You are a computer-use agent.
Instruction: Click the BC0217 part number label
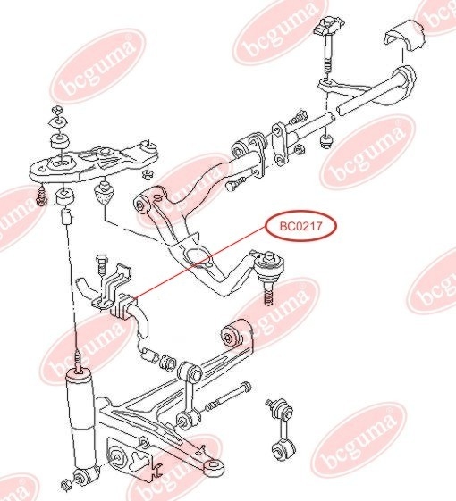(300, 226)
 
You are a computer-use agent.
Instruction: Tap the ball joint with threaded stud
(269, 274)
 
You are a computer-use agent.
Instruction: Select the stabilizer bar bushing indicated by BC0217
(123, 306)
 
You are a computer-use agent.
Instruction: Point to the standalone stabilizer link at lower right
(281, 429)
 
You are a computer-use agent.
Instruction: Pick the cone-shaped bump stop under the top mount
(104, 193)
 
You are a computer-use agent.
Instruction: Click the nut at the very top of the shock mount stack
(57, 109)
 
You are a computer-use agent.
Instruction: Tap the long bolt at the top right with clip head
(328, 45)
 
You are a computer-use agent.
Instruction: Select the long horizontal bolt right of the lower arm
(229, 397)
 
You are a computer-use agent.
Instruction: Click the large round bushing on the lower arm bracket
(116, 458)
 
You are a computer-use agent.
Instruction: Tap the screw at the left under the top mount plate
(41, 196)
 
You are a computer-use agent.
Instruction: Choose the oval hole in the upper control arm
(197, 256)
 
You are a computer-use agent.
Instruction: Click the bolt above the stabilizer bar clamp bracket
(101, 266)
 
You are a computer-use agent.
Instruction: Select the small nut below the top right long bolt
(326, 141)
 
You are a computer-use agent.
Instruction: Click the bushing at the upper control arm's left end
(142, 204)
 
